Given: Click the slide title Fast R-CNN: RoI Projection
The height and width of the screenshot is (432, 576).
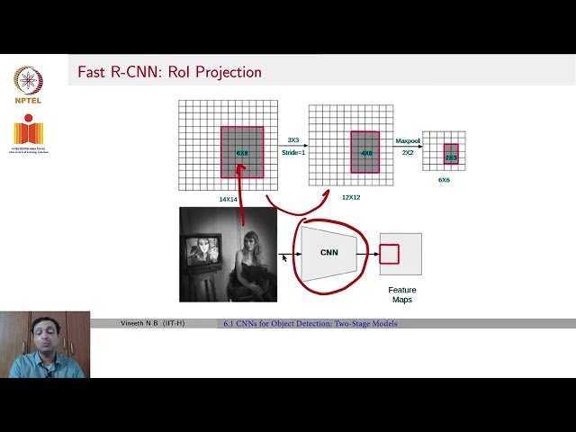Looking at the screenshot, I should coord(169,72).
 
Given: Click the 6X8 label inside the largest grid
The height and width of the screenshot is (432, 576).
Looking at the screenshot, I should coord(242,154).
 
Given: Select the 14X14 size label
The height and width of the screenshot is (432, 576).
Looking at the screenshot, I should coord(229,199).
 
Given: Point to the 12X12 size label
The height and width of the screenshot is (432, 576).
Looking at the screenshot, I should coord(350,197).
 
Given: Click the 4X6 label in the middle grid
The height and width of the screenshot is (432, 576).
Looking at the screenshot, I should coord(366,154).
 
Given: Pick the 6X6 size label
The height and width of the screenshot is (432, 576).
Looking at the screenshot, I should coord(444,180).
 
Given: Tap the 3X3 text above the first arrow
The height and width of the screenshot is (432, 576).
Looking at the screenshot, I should coord(293,140).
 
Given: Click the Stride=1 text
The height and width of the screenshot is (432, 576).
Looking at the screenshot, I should coord(293,153).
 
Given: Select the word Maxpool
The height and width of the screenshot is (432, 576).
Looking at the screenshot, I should coord(408,140).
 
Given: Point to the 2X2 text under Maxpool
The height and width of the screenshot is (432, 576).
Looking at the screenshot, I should coord(408,153).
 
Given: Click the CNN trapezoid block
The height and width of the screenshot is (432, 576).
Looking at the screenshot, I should coord(329,252).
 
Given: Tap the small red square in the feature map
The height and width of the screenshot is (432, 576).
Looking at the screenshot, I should coord(389,255).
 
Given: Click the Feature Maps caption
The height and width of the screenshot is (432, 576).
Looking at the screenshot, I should coord(401,294).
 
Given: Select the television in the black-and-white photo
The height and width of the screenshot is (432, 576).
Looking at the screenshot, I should coord(202,252).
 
